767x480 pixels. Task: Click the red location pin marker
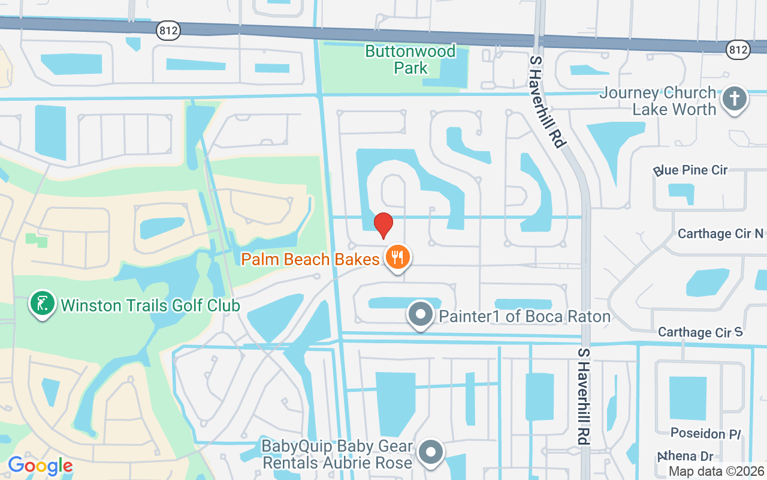pyautogui.click(x=383, y=225)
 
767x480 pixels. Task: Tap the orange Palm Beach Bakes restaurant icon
pyautogui.click(x=396, y=258)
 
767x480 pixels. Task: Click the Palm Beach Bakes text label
pyautogui.click(x=310, y=259)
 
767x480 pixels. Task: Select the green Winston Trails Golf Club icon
pyautogui.click(x=43, y=304)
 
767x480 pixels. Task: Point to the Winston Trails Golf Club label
pyautogui.click(x=150, y=305)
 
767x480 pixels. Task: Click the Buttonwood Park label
pyautogui.click(x=410, y=59)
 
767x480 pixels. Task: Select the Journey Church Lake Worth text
pyautogui.click(x=658, y=101)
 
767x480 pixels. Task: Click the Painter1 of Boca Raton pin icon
pyautogui.click(x=421, y=315)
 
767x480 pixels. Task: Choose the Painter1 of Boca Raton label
pyautogui.click(x=525, y=316)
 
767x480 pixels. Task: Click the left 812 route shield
pyautogui.click(x=168, y=31)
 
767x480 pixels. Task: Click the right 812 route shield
pyautogui.click(x=738, y=50)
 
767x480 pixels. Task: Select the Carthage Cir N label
pyautogui.click(x=721, y=234)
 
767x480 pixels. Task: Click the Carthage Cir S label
pyautogui.click(x=700, y=332)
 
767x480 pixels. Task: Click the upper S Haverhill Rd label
pyautogui.click(x=547, y=102)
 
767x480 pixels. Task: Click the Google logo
pyautogui.click(x=40, y=466)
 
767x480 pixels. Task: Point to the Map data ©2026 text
pyautogui.click(x=716, y=472)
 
